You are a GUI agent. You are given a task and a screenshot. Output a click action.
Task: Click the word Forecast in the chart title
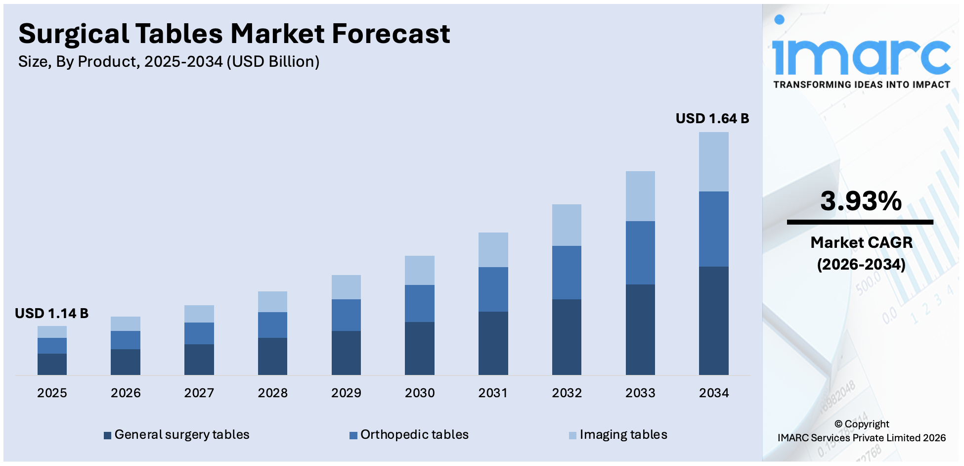(391, 34)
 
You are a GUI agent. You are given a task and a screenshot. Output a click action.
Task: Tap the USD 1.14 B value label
(51, 314)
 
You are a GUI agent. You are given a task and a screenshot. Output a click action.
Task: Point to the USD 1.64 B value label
(712, 119)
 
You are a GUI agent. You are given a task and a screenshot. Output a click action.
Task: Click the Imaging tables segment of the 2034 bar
(713, 162)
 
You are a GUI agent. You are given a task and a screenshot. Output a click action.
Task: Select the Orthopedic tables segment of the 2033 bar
(640, 253)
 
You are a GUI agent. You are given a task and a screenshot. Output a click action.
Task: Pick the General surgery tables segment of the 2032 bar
(567, 337)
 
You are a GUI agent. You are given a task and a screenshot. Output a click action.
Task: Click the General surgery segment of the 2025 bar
(52, 364)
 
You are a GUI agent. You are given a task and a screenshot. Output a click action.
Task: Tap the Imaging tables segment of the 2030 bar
(419, 270)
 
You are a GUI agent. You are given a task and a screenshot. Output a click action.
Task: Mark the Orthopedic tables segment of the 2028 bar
(272, 325)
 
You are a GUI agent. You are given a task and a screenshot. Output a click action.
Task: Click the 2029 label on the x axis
(346, 393)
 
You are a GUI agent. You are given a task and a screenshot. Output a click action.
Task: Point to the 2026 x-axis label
(126, 393)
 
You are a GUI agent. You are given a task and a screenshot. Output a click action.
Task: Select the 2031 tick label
(493, 393)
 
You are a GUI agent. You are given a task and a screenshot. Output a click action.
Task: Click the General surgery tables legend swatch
(107, 436)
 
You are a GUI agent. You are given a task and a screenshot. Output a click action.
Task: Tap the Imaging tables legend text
(623, 435)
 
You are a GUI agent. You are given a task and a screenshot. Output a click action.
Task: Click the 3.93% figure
(861, 201)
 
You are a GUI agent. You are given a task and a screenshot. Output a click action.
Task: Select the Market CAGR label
(861, 242)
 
